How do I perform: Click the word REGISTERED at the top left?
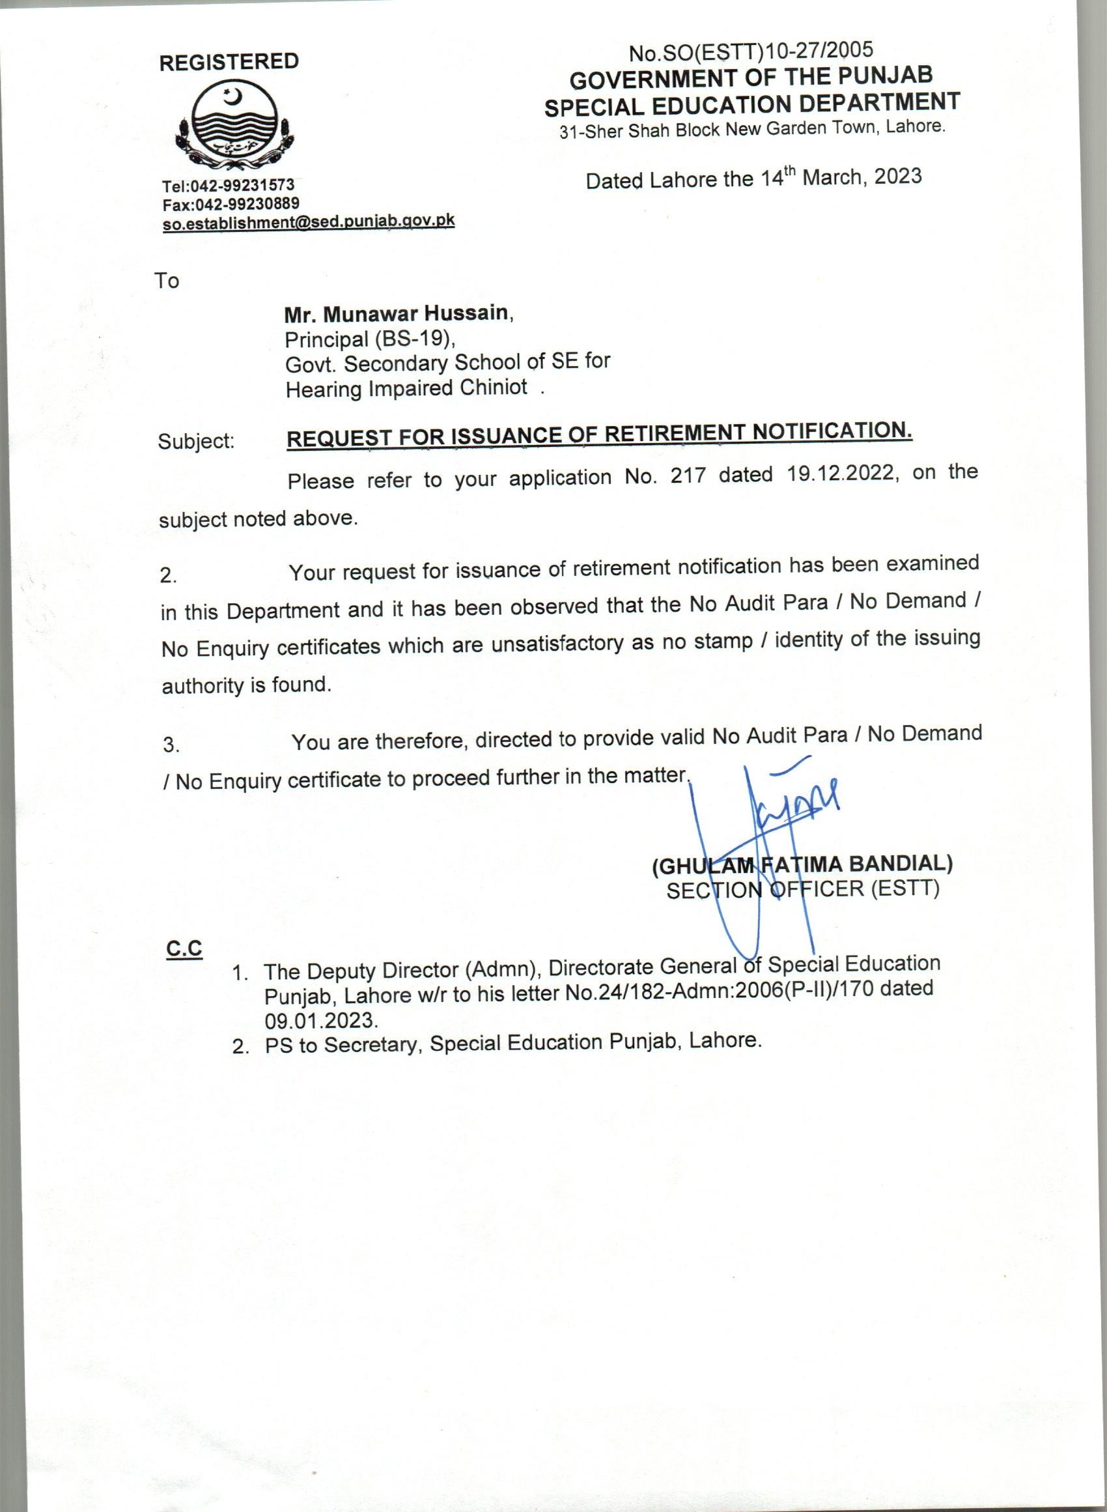pyautogui.click(x=229, y=63)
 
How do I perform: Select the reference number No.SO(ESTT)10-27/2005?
pyautogui.click(x=751, y=50)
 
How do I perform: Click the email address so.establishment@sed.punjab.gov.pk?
pyautogui.click(x=308, y=222)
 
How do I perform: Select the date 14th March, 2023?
pyautogui.click(x=840, y=178)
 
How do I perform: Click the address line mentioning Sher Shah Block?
pyautogui.click(x=752, y=129)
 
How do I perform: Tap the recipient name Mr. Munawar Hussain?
pyautogui.click(x=398, y=313)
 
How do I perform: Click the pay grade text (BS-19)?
pyautogui.click(x=414, y=339)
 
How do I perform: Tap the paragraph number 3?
pyautogui.click(x=171, y=745)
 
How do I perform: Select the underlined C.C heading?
pyautogui.click(x=184, y=949)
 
